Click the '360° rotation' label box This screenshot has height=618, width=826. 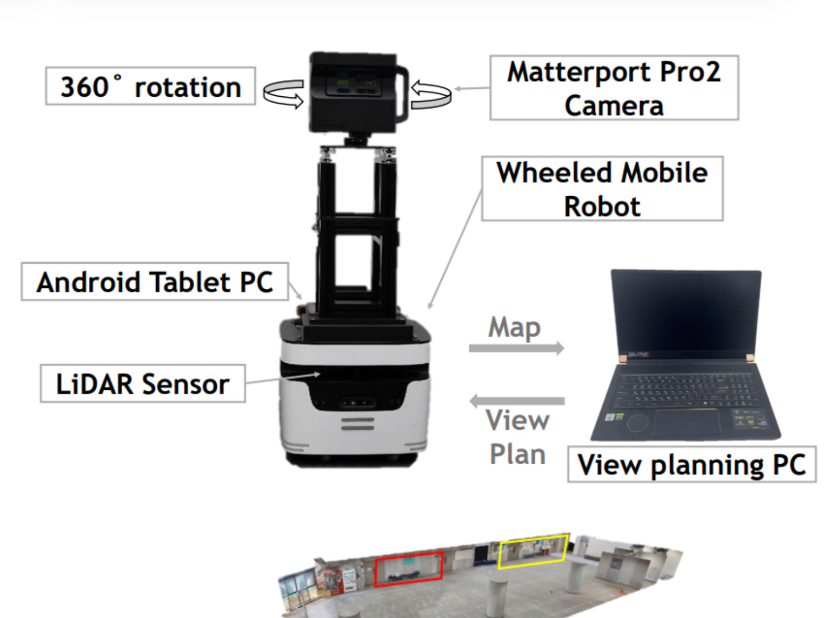[x=150, y=86]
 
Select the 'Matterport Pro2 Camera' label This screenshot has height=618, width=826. [x=614, y=88]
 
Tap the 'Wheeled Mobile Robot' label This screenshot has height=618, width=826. [x=602, y=189]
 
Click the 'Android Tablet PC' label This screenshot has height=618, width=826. [x=155, y=282]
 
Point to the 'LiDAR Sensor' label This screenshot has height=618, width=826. [x=142, y=383]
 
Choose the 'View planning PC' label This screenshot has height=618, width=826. [x=692, y=464]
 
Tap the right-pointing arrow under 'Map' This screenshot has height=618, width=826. [x=516, y=348]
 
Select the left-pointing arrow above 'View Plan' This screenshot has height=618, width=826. [x=516, y=400]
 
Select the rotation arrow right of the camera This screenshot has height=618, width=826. [x=431, y=95]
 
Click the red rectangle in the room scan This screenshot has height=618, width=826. [x=409, y=569]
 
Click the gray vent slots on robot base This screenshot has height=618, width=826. [x=357, y=424]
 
